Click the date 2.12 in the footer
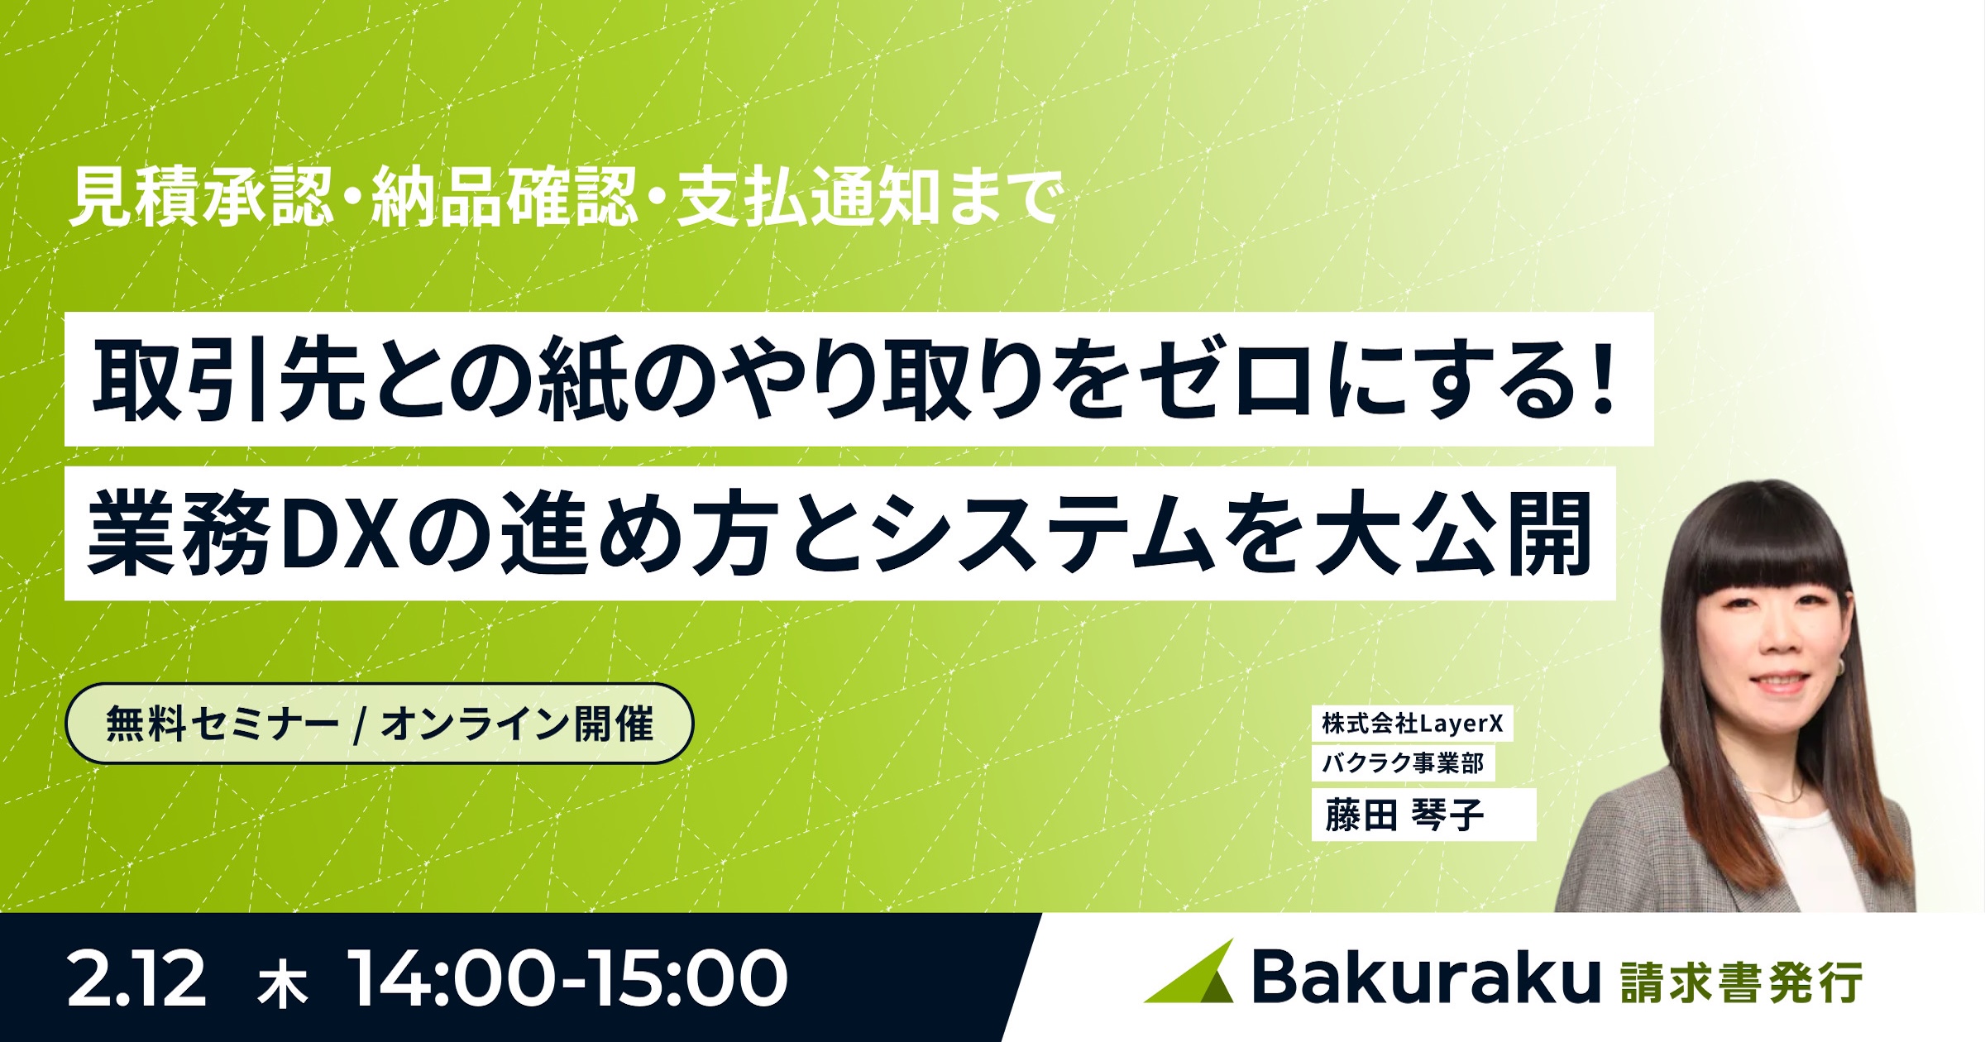coord(136,979)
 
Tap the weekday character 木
coord(283,984)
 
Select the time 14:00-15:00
coord(568,979)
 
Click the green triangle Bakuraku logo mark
coord(1191,974)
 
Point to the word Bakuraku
coord(1426,977)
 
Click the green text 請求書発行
coord(1742,982)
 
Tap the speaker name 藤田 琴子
coord(1404,815)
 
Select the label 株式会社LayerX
coord(1412,724)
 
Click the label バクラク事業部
coord(1403,762)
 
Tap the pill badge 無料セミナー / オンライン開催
coord(379,724)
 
